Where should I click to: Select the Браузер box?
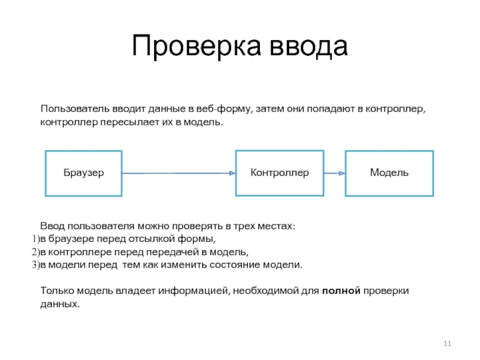coord(84,173)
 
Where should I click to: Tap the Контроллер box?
coord(280,173)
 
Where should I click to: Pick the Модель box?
coord(389,173)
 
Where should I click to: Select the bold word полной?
coord(341,291)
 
